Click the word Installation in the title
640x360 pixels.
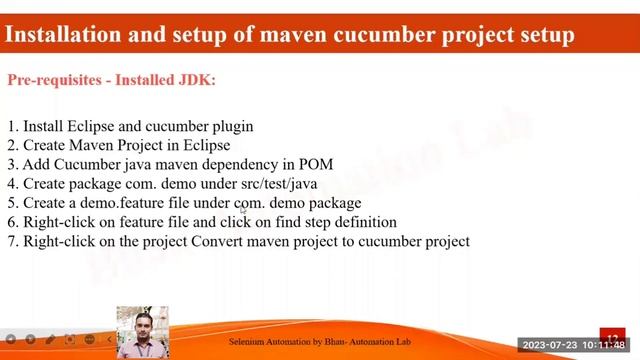[62, 34]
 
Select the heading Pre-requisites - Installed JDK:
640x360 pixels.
[111, 80]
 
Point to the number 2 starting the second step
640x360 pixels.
[12, 146]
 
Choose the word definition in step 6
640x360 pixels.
[363, 222]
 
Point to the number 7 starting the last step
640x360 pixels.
[12, 241]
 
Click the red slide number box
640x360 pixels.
[612, 336]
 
